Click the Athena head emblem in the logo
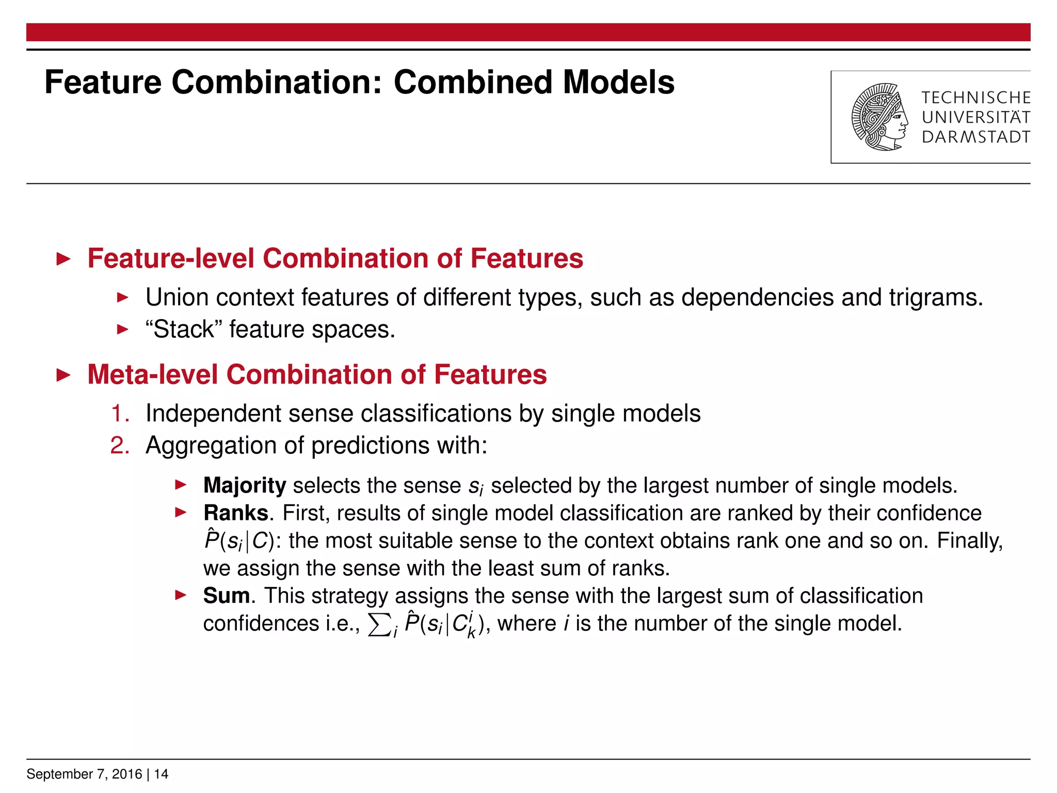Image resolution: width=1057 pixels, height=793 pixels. (879, 117)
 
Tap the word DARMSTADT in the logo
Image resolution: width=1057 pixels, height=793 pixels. (975, 137)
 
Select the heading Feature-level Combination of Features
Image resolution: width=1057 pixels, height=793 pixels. (335, 259)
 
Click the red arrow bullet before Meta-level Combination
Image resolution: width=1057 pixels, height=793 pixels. (63, 375)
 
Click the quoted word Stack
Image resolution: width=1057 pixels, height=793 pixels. (184, 329)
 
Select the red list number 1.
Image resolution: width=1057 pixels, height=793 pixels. (120, 414)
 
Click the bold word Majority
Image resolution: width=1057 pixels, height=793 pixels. (244, 486)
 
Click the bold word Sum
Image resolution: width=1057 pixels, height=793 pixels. (226, 596)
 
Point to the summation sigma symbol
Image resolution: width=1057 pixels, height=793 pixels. (378, 625)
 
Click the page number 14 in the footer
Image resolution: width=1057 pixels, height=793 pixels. (161, 774)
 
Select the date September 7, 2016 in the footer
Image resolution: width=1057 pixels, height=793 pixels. (84, 774)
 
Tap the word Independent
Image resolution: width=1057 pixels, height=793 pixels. (213, 414)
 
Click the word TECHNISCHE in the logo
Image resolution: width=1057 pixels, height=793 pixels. (975, 98)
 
